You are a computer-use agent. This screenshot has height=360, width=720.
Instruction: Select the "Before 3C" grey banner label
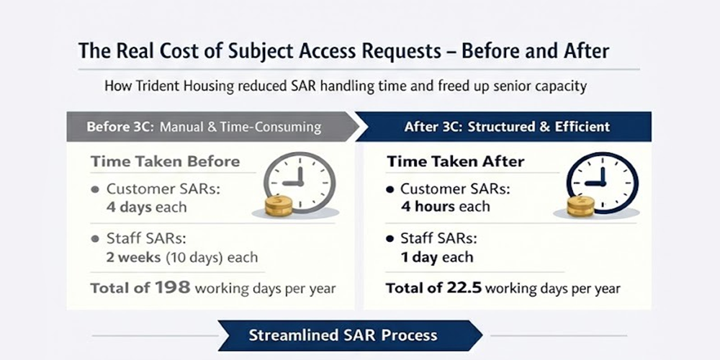(120, 127)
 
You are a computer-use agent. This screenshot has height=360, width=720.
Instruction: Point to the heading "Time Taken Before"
(165, 161)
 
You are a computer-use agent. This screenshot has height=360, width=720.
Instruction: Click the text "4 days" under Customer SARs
(129, 207)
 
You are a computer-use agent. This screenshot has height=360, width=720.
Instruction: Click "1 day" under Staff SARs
(418, 257)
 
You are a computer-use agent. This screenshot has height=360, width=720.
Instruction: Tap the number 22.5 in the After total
(461, 288)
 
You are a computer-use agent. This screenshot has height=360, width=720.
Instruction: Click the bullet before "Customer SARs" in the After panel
(390, 189)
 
